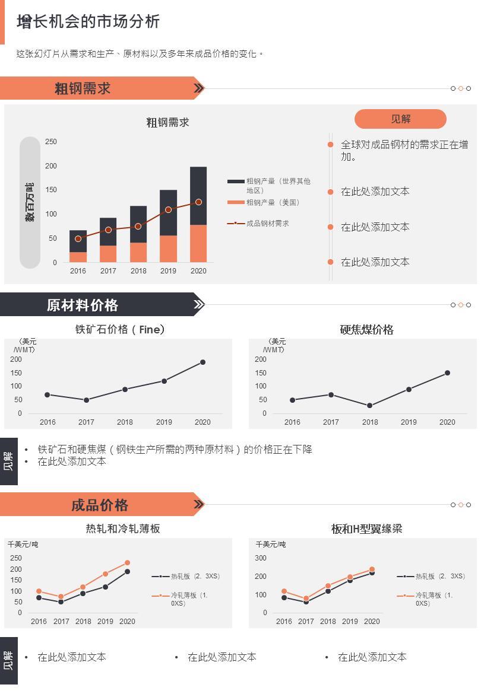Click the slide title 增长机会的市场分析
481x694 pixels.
click(x=88, y=22)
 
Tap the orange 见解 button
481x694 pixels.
click(x=400, y=119)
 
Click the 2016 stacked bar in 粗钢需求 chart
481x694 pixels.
click(x=78, y=246)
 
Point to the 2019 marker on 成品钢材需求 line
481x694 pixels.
click(x=168, y=209)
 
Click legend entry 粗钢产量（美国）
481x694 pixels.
click(x=273, y=203)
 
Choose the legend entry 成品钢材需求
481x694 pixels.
click(x=267, y=224)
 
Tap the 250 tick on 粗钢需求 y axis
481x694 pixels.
click(x=51, y=142)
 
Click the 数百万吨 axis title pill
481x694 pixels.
click(x=30, y=203)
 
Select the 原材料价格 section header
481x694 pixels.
click(x=83, y=305)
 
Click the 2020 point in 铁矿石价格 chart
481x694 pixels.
click(x=202, y=362)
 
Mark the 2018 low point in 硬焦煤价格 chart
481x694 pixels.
click(x=369, y=406)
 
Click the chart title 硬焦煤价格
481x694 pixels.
click(x=366, y=330)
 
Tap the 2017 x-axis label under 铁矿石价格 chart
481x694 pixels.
click(x=86, y=422)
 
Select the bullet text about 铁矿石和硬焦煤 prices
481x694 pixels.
click(x=175, y=450)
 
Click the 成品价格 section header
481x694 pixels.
click(x=100, y=505)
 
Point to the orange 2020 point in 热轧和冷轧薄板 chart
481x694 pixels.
click(x=127, y=563)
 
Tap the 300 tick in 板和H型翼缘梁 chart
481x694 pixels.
click(x=261, y=558)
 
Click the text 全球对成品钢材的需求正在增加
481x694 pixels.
click(x=404, y=150)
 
